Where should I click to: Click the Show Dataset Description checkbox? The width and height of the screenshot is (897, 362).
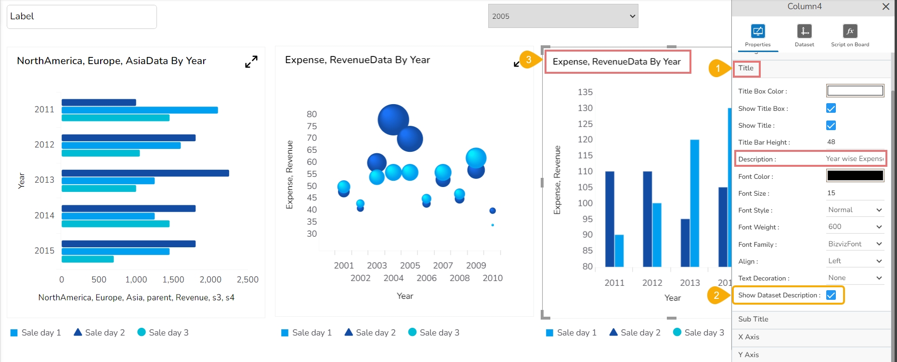pyautogui.click(x=831, y=295)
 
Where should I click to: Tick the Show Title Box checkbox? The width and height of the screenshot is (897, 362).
pyautogui.click(x=831, y=108)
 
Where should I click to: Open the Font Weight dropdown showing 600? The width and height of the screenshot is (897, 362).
pyautogui.click(x=855, y=227)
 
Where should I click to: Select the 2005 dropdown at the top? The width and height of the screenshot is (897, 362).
pyautogui.click(x=563, y=16)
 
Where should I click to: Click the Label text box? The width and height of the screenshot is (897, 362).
pyautogui.click(x=82, y=17)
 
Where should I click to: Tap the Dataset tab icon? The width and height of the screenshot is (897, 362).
pyautogui.click(x=804, y=31)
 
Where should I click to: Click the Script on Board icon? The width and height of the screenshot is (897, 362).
pyautogui.click(x=850, y=31)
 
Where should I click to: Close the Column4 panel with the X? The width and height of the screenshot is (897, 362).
pyautogui.click(x=885, y=7)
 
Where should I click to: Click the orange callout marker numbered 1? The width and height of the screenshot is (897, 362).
pyautogui.click(x=717, y=68)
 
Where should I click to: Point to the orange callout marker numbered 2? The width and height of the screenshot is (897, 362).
pyautogui.click(x=716, y=295)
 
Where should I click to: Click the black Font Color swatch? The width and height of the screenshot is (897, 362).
pyautogui.click(x=855, y=175)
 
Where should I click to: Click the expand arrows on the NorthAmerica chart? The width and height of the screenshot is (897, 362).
pyautogui.click(x=251, y=62)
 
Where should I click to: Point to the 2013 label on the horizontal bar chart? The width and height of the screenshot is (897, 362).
pyautogui.click(x=44, y=180)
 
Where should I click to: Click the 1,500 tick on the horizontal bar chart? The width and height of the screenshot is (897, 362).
pyautogui.click(x=173, y=280)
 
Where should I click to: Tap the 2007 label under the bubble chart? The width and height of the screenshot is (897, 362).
pyautogui.click(x=443, y=266)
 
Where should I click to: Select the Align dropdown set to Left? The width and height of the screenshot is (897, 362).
pyautogui.click(x=855, y=261)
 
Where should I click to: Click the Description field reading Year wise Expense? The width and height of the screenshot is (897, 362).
pyautogui.click(x=855, y=159)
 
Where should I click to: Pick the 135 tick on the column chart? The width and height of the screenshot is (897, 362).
pyautogui.click(x=585, y=92)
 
